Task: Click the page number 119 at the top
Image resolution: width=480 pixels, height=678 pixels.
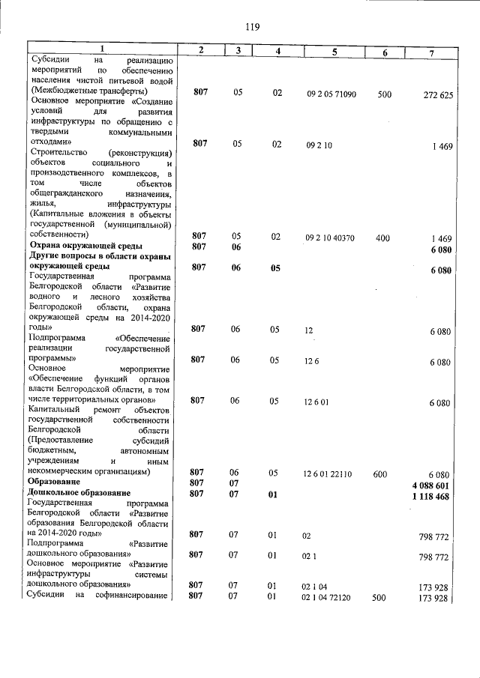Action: click(252, 27)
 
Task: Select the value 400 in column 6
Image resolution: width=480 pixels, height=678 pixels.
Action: click(382, 237)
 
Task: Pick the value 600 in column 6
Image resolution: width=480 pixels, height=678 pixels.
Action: click(380, 474)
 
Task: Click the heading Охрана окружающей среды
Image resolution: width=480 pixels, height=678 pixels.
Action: click(85, 246)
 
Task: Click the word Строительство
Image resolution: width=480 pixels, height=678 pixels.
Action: click(56, 153)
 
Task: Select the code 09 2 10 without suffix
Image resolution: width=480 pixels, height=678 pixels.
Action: click(319, 145)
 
